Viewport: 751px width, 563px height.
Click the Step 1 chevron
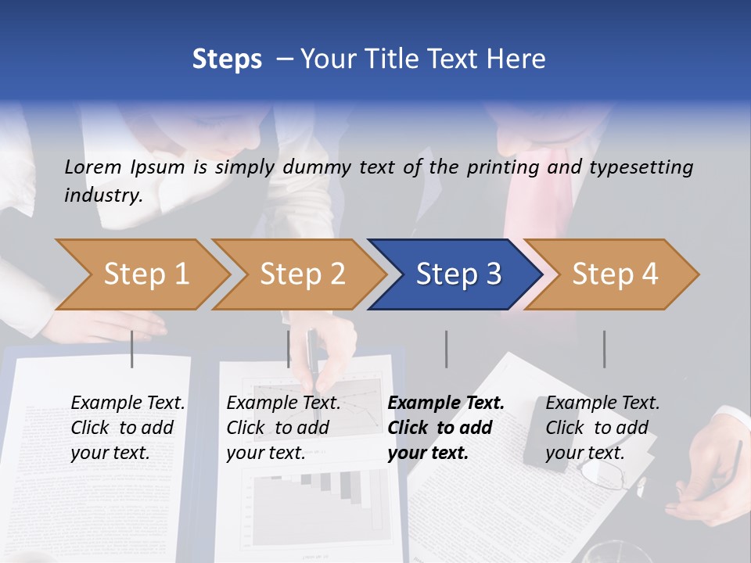pyautogui.click(x=141, y=274)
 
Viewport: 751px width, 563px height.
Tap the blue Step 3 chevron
pyautogui.click(x=458, y=274)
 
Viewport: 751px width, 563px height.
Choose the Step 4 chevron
pyautogui.click(x=614, y=274)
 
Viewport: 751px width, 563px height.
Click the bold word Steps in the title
pyautogui.click(x=227, y=59)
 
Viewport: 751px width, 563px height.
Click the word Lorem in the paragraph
pyautogui.click(x=93, y=167)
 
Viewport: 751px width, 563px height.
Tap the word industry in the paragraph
pyautogui.click(x=102, y=195)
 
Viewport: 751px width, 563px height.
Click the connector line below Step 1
pyautogui.click(x=132, y=349)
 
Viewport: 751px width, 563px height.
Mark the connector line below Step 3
pyautogui.click(x=446, y=349)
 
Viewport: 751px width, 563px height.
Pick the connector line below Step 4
pyautogui.click(x=604, y=349)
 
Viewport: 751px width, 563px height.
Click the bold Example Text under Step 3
pyautogui.click(x=446, y=403)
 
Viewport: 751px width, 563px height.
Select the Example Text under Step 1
pyautogui.click(x=128, y=403)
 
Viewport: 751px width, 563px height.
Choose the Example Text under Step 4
pyautogui.click(x=602, y=403)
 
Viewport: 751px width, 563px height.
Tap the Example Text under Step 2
pyautogui.click(x=283, y=403)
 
